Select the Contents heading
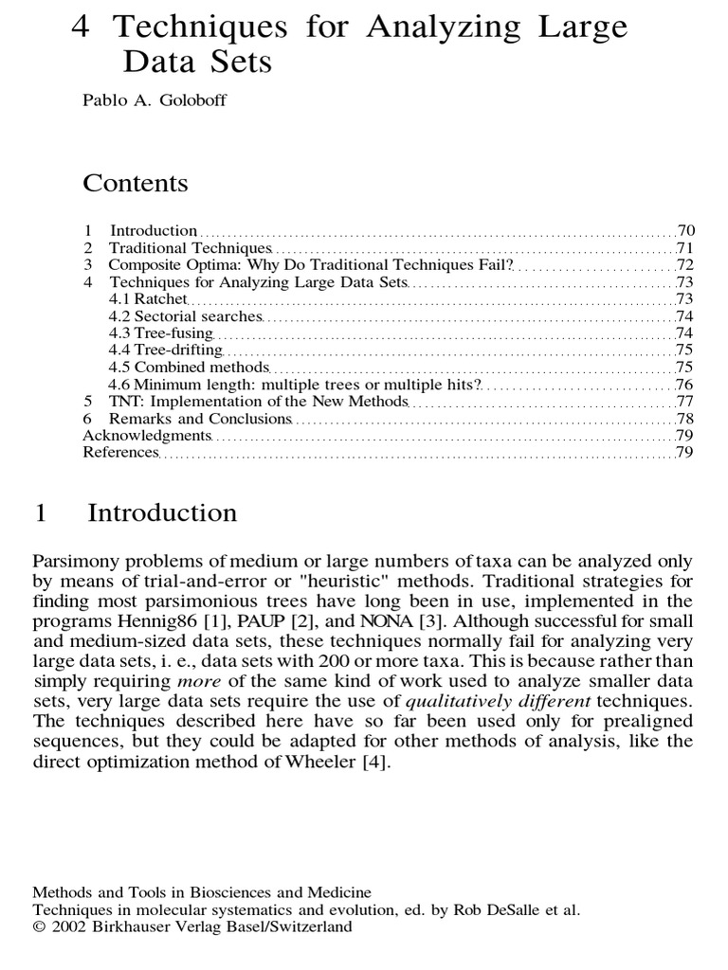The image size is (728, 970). pos(136,183)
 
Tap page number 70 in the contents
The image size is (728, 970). pos(686,230)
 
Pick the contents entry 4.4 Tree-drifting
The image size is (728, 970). pos(167,350)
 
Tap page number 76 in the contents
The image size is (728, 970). pos(686,384)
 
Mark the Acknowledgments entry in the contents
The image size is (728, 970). pos(146,435)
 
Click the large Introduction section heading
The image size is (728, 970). pos(162,513)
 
